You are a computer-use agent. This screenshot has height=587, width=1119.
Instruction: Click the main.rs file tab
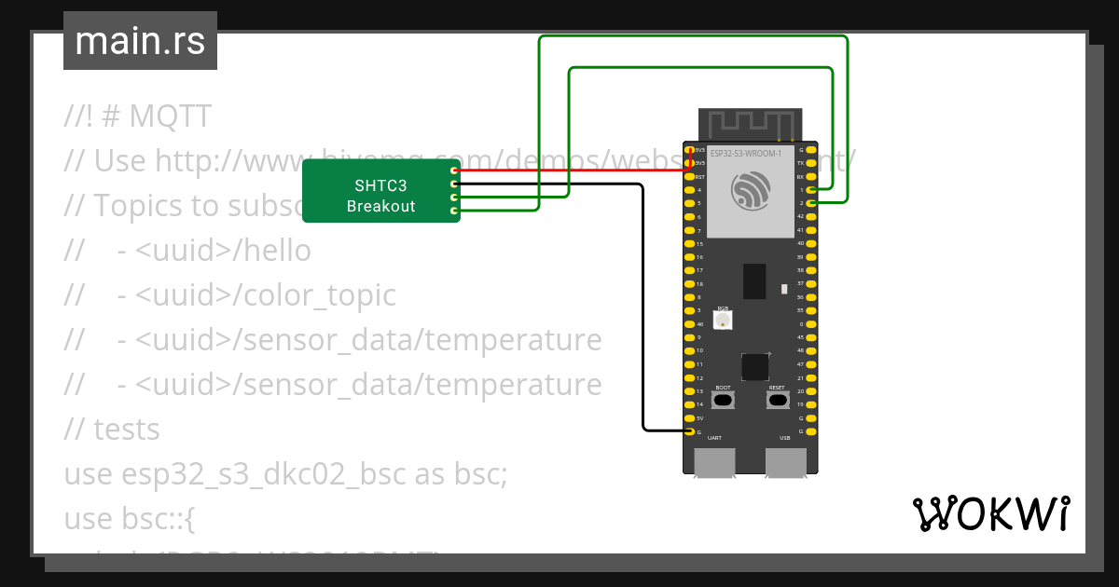click(140, 41)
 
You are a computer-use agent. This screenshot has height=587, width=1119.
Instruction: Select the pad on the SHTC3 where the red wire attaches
click(454, 171)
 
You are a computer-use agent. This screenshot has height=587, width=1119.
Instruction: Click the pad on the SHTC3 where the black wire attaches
click(454, 184)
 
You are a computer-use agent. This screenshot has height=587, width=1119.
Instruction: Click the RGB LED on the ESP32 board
click(722, 320)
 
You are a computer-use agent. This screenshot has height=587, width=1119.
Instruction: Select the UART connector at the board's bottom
click(714, 461)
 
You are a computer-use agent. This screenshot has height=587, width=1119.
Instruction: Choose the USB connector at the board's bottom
click(785, 461)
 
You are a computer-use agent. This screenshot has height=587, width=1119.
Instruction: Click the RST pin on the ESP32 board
click(689, 176)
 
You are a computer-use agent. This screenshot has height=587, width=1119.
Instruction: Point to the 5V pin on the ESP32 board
click(689, 418)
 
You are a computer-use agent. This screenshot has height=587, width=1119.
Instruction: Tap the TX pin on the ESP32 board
click(812, 162)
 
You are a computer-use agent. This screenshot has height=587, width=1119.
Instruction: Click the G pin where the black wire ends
click(689, 431)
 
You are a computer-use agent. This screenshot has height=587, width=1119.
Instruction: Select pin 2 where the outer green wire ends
click(812, 202)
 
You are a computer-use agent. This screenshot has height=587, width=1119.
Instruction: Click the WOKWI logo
click(990, 513)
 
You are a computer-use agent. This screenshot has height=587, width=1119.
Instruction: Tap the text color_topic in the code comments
click(319, 295)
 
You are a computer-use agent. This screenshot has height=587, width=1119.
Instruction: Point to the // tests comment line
click(112, 430)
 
